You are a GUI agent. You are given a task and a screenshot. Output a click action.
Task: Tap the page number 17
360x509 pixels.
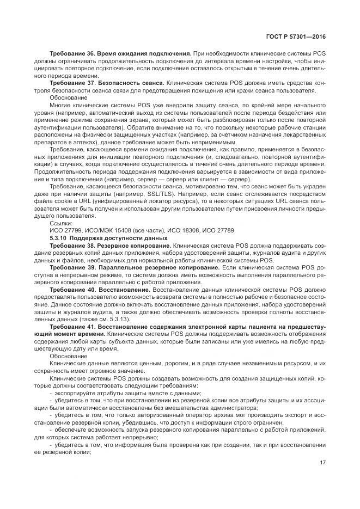point(322,463)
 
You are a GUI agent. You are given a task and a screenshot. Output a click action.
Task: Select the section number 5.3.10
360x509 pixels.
point(58,238)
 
